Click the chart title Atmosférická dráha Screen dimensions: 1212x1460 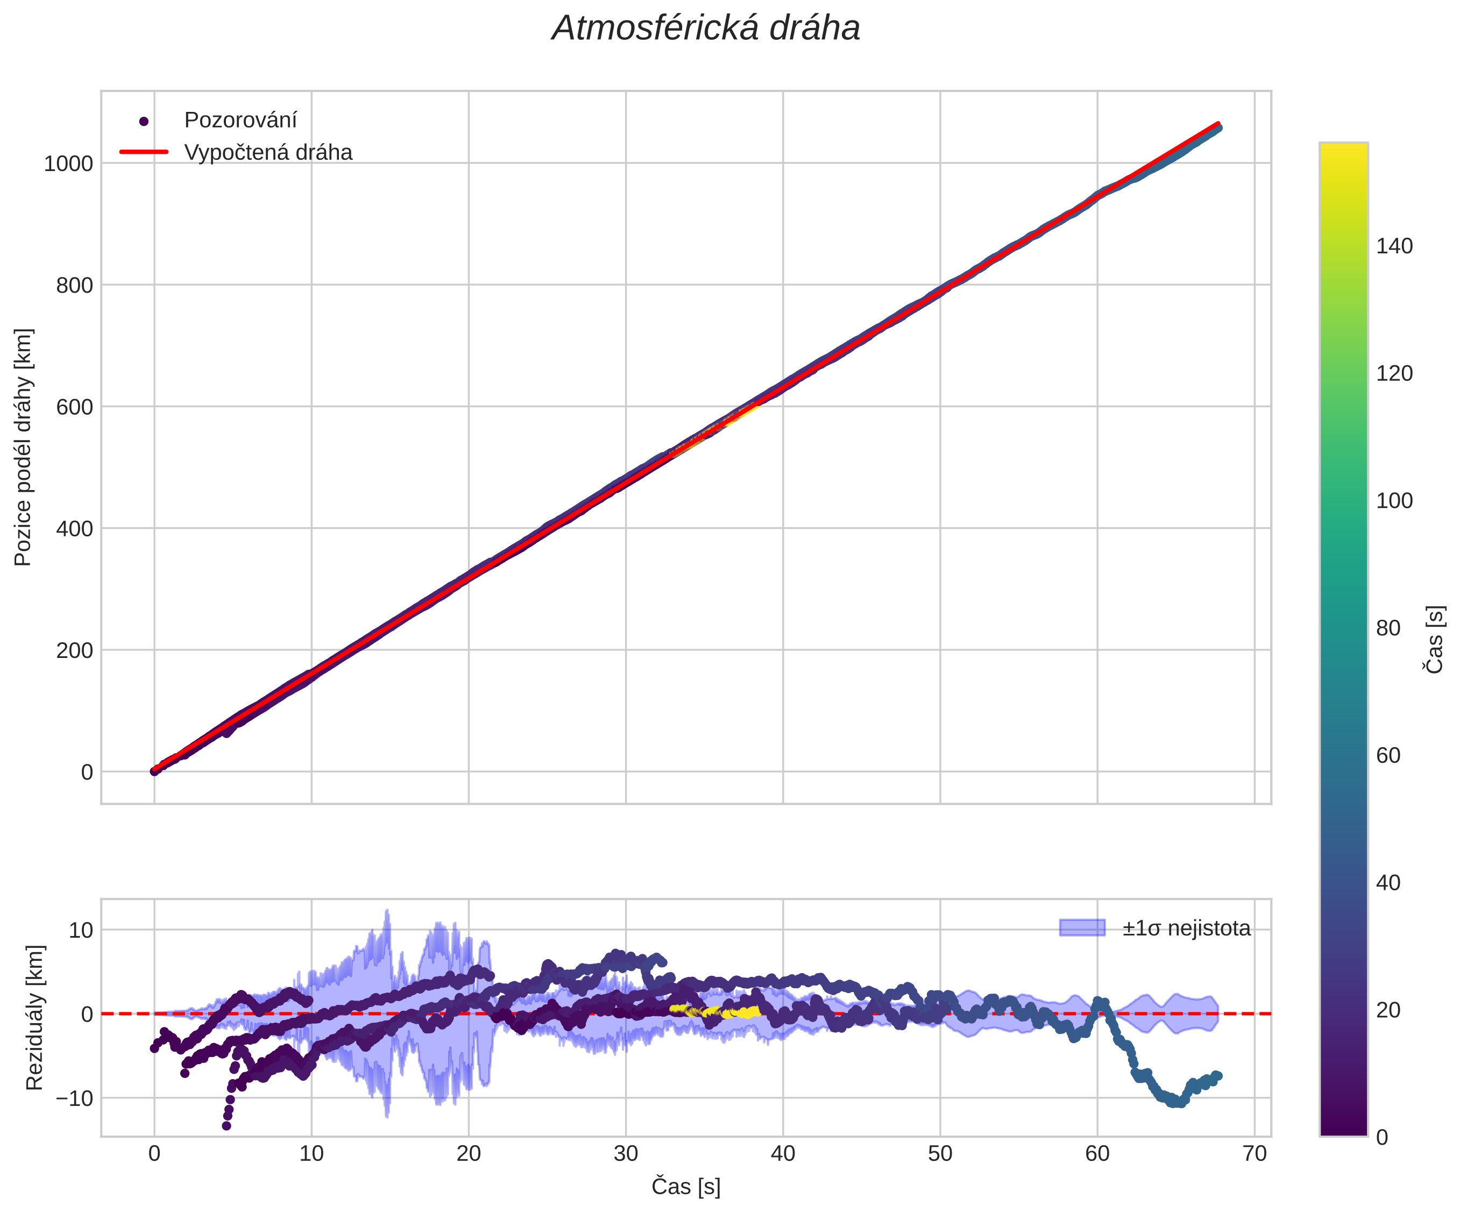pos(706,29)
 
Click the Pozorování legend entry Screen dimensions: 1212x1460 pos(240,121)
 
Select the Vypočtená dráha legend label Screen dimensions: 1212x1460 pos(268,152)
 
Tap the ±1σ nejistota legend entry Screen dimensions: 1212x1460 pos(1186,929)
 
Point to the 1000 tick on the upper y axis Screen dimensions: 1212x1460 pos(68,164)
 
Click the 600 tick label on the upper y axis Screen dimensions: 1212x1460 pos(74,407)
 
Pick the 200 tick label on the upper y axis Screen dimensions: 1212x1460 pos(74,651)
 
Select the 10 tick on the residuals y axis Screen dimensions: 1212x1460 pos(81,930)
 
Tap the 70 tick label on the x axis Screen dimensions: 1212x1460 pos(1254,1154)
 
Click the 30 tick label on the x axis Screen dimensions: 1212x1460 pos(626,1154)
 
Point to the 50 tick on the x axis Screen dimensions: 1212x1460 pos(940,1154)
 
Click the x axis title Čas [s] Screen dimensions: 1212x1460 pos(685,1187)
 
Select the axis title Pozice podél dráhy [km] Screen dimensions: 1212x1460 pos(23,447)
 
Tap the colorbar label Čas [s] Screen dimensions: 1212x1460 pos(1435,639)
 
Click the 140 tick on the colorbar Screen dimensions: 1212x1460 pos(1394,246)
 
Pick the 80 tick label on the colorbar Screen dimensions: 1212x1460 pos(1388,628)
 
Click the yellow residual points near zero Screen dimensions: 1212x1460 pos(730,1012)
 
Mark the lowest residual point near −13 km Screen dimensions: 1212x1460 pos(226,1125)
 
